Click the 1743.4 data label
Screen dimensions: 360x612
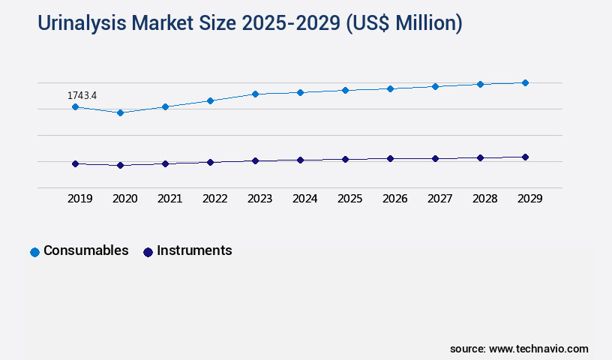[x=82, y=95]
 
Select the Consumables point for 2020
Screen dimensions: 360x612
[x=120, y=112]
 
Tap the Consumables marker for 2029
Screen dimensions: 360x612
[x=525, y=82]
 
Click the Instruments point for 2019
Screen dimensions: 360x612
[x=75, y=163]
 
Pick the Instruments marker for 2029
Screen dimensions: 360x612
[x=525, y=157]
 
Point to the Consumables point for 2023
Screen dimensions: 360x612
[x=255, y=94]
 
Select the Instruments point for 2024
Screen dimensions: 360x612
[x=300, y=160]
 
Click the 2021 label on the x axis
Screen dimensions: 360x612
[x=169, y=199]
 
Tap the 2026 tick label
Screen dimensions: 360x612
[x=394, y=199]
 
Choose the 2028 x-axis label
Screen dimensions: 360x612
[x=484, y=199]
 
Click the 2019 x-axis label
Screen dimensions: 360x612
[x=79, y=199]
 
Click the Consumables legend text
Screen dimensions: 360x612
[x=85, y=250]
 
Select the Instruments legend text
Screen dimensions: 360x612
[x=194, y=250]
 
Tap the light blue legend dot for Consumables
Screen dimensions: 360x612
[x=34, y=252]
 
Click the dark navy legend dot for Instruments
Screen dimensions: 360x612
[x=148, y=252]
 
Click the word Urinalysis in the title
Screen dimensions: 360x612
[x=82, y=24]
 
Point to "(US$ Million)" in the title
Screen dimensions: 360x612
[x=403, y=24]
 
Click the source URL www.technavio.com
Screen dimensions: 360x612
[x=538, y=349]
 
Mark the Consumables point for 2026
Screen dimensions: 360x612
[x=390, y=88]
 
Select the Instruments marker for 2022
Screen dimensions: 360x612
[x=210, y=162]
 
